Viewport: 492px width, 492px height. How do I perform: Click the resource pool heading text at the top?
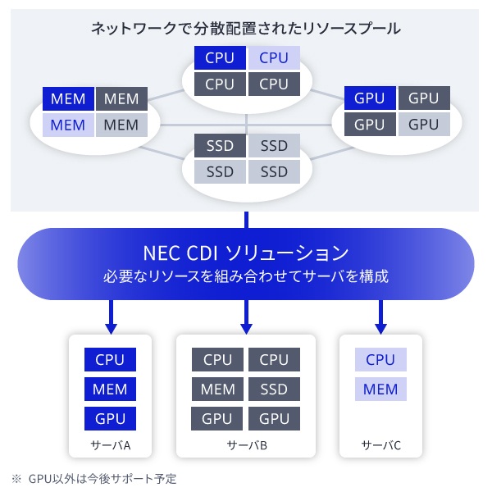click(246, 29)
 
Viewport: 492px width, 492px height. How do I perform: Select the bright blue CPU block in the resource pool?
click(220, 57)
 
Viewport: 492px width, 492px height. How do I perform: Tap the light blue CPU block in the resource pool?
click(274, 57)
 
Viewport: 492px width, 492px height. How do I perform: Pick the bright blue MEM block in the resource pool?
click(68, 99)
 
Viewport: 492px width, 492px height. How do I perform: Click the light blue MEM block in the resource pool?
click(68, 125)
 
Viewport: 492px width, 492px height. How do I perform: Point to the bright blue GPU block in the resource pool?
click(370, 98)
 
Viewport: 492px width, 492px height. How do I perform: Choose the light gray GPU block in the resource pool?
click(424, 124)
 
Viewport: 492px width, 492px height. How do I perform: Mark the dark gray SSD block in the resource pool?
click(220, 146)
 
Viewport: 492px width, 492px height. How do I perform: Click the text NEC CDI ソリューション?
click(246, 251)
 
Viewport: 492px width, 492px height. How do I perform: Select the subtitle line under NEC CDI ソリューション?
click(246, 276)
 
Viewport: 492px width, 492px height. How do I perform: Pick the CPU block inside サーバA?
click(110, 359)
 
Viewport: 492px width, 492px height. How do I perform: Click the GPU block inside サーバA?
click(110, 418)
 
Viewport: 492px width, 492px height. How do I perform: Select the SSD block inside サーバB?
click(274, 389)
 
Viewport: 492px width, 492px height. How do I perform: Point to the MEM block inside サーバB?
click(218, 389)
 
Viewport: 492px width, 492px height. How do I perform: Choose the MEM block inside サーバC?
click(380, 389)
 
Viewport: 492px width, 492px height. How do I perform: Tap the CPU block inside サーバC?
click(380, 359)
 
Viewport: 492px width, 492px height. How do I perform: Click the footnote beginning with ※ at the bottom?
click(93, 478)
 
